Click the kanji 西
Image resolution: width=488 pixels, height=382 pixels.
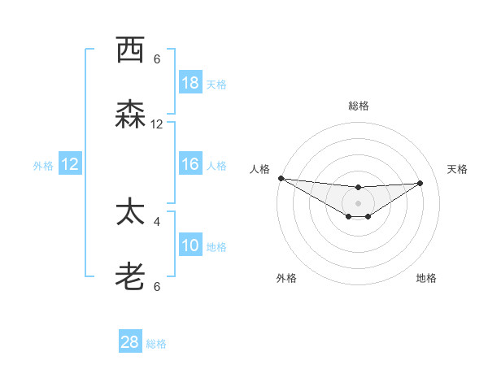(130, 50)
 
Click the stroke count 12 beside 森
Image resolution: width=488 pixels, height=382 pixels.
(157, 124)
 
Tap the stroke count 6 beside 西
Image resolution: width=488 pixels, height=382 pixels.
(157, 59)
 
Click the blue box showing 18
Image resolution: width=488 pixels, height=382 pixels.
(190, 83)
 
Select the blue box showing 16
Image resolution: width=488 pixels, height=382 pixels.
(190, 164)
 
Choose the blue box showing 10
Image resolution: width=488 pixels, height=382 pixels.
(190, 245)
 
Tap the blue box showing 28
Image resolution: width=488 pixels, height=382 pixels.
(130, 342)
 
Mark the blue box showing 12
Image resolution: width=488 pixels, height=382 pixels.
(70, 164)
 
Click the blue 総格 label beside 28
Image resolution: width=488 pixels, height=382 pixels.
(156, 344)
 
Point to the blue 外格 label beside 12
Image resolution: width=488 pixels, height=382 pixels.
(43, 165)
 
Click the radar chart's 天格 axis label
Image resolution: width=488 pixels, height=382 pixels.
(457, 169)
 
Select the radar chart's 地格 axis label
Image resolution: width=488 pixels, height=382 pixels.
(426, 278)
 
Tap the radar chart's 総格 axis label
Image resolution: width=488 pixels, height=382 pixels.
(359, 106)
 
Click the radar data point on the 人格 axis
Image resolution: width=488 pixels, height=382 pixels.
(281, 178)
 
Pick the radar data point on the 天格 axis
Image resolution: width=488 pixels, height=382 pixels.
(420, 183)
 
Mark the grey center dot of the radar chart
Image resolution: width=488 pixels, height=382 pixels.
(358, 203)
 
